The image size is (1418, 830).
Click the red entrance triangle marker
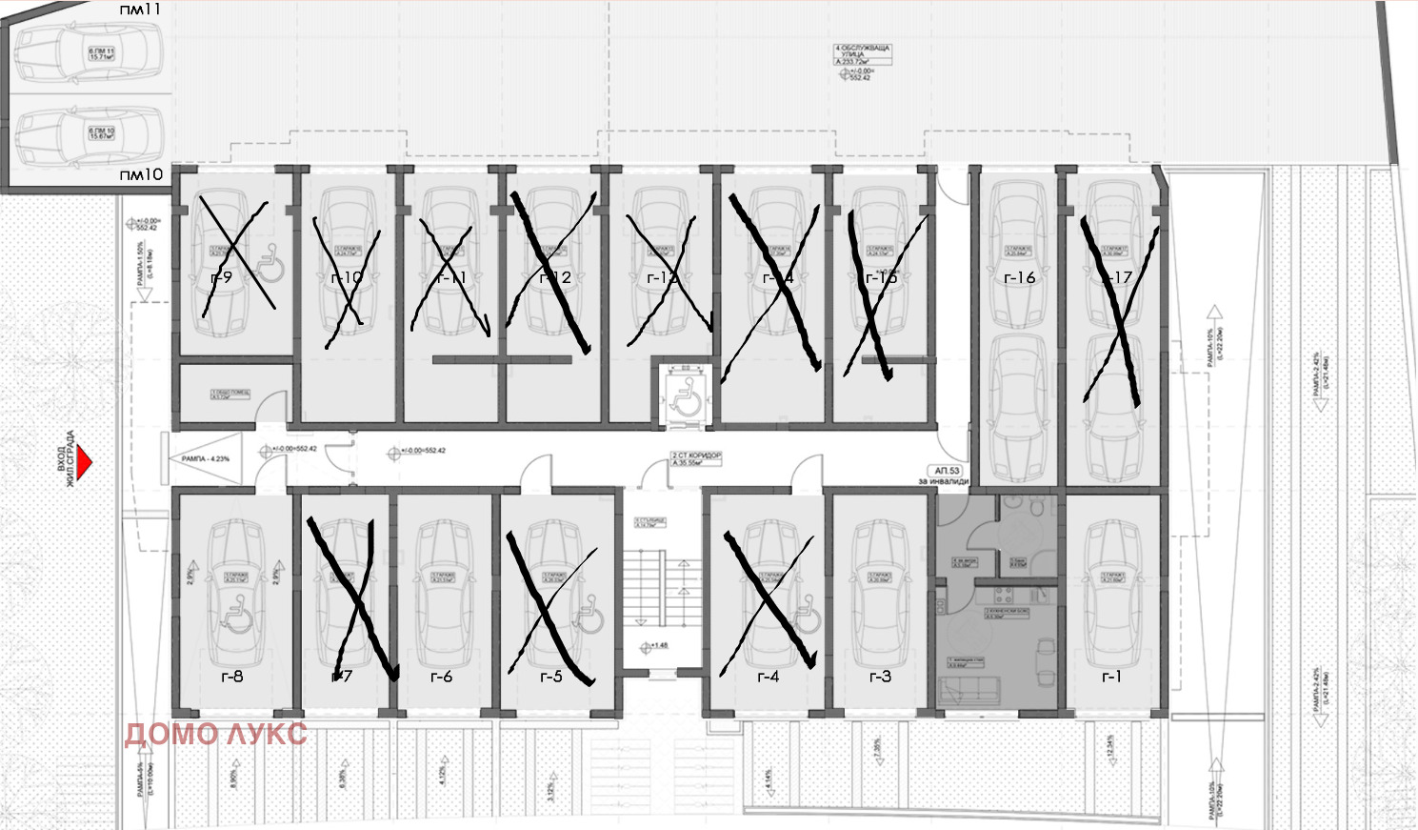pyautogui.click(x=84, y=462)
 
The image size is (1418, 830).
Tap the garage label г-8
pyautogui.click(x=231, y=677)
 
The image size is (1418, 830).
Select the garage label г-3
pyautogui.click(x=880, y=677)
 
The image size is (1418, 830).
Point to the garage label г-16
pyautogui.click(x=1019, y=278)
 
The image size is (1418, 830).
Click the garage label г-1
pyautogui.click(x=1110, y=677)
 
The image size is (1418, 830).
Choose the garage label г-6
pyautogui.click(x=441, y=677)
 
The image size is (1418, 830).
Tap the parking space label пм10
pyautogui.click(x=141, y=175)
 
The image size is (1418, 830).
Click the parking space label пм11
pyautogui.click(x=140, y=10)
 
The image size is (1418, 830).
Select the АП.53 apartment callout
pyautogui.click(x=948, y=471)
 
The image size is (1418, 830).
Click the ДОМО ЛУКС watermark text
pyautogui.click(x=216, y=734)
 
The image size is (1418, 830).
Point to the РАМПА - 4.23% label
pyautogui.click(x=206, y=459)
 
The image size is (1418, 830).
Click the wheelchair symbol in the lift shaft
pyautogui.click(x=685, y=393)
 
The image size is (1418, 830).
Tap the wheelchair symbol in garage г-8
pyautogui.click(x=234, y=619)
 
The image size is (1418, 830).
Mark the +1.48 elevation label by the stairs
pyautogui.click(x=658, y=646)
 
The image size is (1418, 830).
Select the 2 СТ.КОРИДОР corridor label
pyautogui.click(x=696, y=458)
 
